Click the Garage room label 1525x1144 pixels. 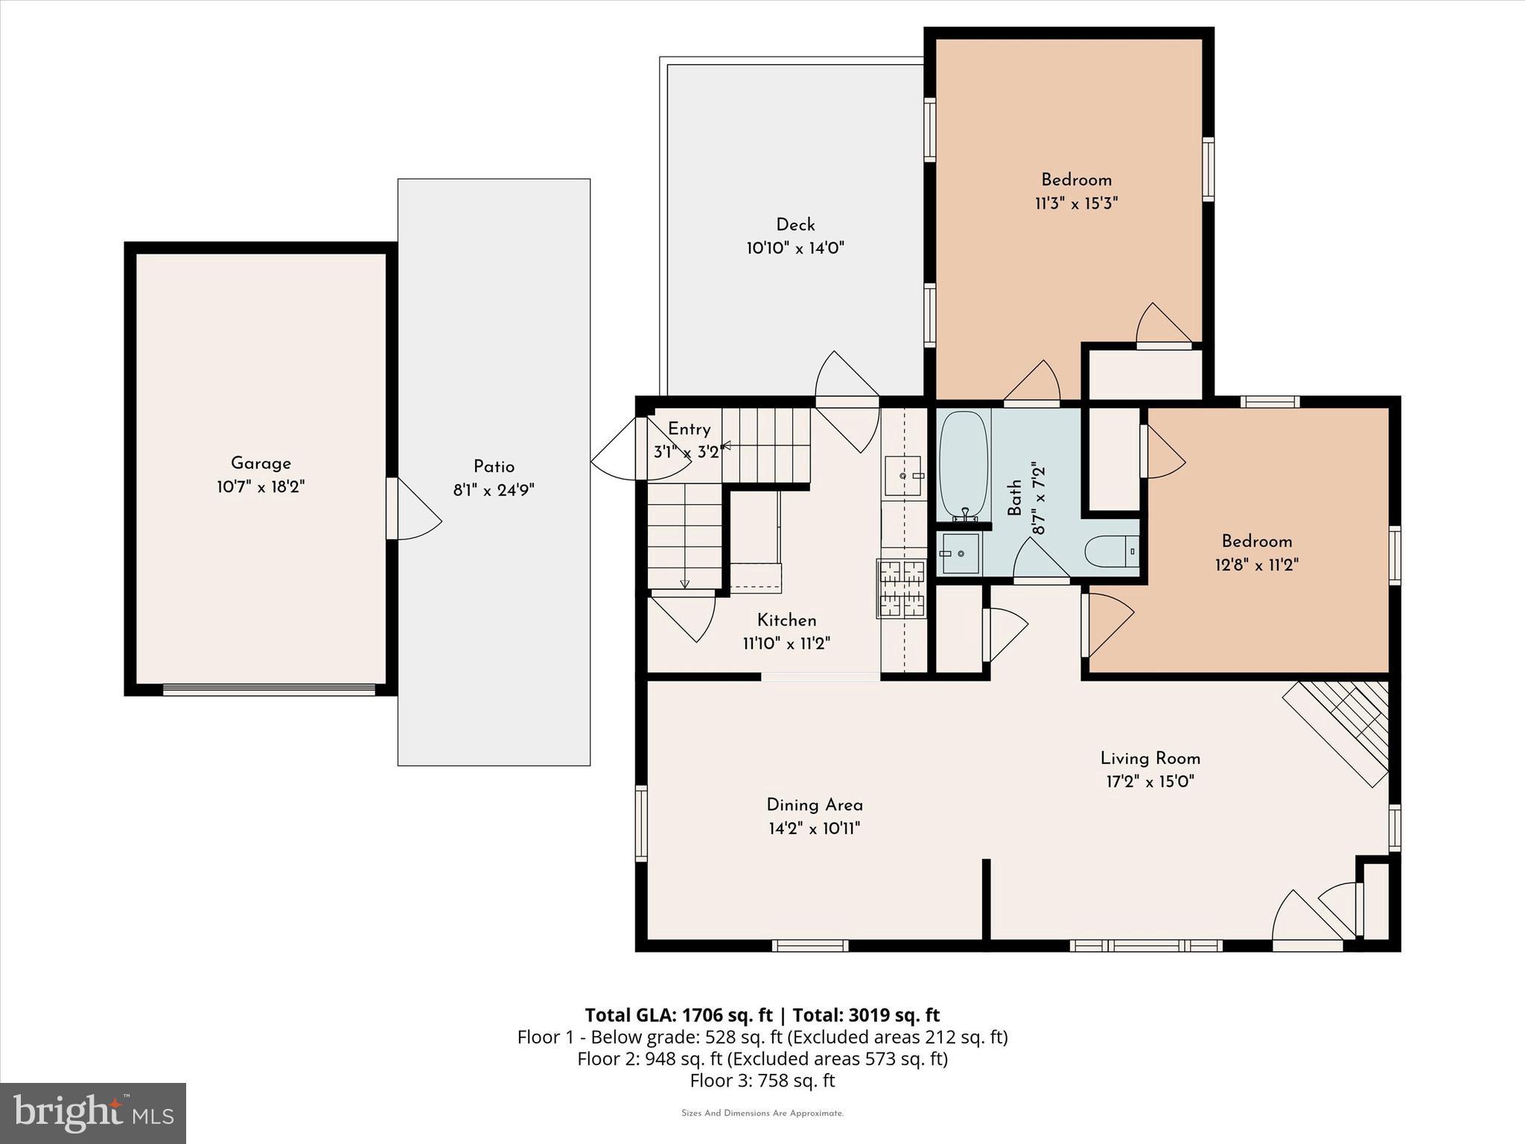[x=261, y=463]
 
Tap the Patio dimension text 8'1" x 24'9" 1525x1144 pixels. [x=494, y=490]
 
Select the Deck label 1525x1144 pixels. [x=795, y=224]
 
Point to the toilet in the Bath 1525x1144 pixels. [x=1109, y=553]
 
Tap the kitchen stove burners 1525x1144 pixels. [x=902, y=588]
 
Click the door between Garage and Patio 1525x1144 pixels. [x=392, y=509]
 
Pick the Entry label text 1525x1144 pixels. [x=689, y=429]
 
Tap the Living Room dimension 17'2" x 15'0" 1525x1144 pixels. [x=1150, y=781]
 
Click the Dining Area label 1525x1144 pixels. [x=815, y=804]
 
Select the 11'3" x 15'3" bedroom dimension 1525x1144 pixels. [x=1076, y=203]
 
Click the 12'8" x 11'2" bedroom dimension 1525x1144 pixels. [x=1256, y=565]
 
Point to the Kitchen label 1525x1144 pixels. [x=786, y=620]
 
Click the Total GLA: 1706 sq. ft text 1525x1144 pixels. [x=678, y=1015]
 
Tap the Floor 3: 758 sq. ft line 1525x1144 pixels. [x=762, y=1081]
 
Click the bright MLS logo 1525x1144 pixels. [x=93, y=1113]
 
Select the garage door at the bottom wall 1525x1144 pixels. [x=269, y=690]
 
